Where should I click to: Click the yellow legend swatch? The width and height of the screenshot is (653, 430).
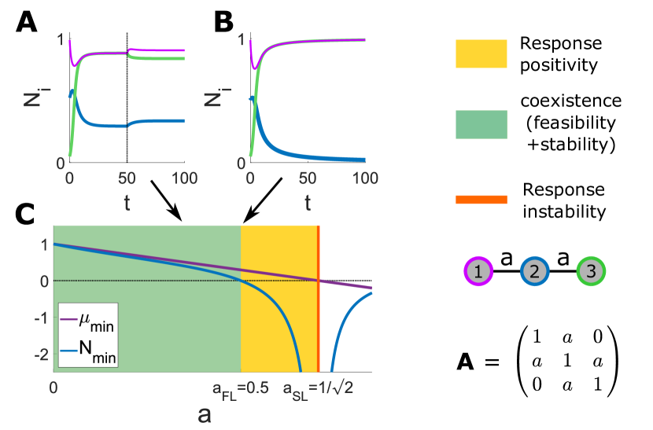pos(481,54)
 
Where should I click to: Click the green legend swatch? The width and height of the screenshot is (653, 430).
pos(481,125)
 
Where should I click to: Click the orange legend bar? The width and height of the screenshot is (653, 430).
pos(481,200)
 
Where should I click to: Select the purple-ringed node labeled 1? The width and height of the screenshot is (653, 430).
pos(478,271)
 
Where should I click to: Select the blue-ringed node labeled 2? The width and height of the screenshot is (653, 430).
pos(534,271)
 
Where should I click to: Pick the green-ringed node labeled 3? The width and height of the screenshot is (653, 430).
pos(591,271)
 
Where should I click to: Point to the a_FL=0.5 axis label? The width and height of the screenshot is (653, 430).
pos(241,388)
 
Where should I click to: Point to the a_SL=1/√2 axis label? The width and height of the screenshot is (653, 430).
pos(318,388)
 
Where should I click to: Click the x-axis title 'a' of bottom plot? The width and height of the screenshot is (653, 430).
pos(205,414)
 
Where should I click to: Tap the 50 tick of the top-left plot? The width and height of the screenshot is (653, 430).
pos(127,178)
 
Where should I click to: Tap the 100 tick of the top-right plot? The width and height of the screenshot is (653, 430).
pos(366,178)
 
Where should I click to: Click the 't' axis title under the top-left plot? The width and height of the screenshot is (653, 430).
pos(127,203)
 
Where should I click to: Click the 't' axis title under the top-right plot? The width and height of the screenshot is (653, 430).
pos(308,203)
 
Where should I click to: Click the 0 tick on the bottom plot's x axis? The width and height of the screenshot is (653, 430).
pos(53,388)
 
